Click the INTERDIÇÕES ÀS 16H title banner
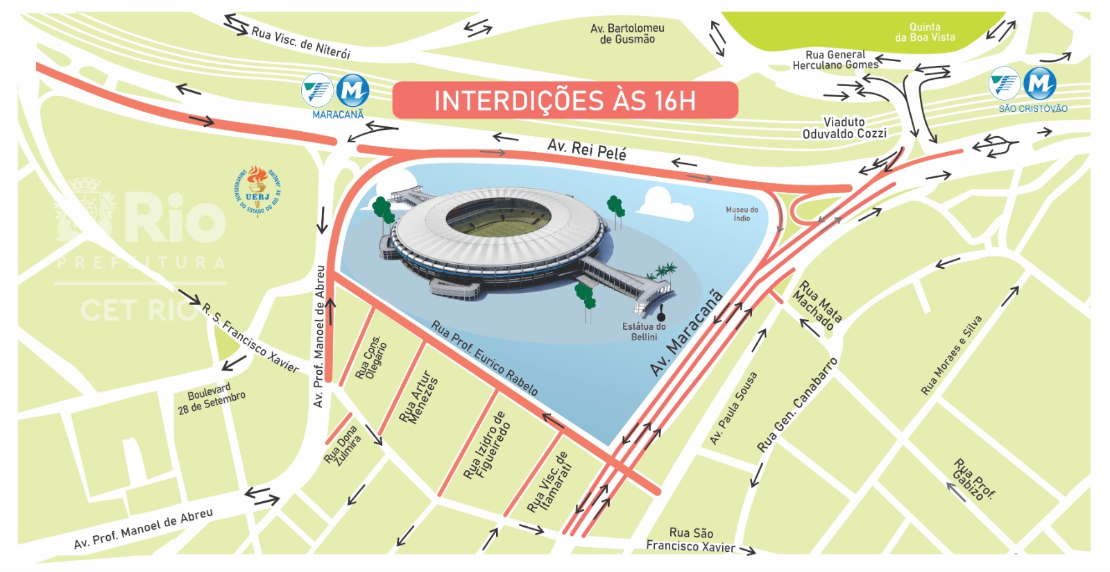[565, 101]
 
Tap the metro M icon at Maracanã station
[353, 90]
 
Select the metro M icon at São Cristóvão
[1039, 84]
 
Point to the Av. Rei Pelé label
[587, 149]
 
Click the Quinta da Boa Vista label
[925, 32]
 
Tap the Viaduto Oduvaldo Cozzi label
[844, 128]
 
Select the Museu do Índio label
[742, 214]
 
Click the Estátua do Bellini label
[644, 331]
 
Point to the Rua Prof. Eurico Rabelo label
[484, 357]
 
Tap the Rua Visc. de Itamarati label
[549, 482]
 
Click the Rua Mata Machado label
[817, 304]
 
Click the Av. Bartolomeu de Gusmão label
[627, 33]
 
